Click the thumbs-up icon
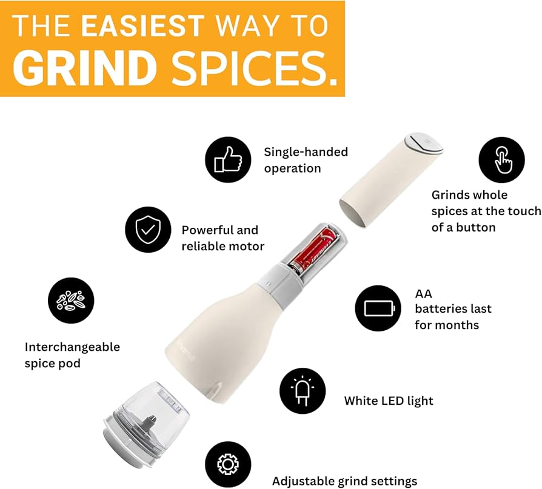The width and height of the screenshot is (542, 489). point(227,160)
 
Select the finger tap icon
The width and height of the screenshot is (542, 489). point(501,160)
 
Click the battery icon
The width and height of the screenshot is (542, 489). point(378,308)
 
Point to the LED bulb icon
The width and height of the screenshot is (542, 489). point(302,391)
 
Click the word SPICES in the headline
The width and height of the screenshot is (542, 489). point(254,69)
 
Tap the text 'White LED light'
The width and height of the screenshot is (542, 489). point(389,401)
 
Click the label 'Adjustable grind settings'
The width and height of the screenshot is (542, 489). point(344,481)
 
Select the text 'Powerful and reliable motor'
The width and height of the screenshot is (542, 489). point(222,238)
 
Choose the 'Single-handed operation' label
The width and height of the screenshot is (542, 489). point(306,160)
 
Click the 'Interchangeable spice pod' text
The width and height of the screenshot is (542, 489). point(72,354)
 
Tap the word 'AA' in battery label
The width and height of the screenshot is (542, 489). point(423,293)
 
